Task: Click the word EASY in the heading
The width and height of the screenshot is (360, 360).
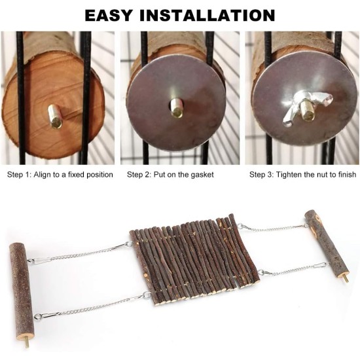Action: coord(109,16)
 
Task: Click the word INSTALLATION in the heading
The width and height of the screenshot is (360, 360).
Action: coord(207,16)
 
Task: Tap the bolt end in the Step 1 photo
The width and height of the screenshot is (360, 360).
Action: coord(54,116)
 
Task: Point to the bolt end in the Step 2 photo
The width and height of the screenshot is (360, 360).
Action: coord(177,108)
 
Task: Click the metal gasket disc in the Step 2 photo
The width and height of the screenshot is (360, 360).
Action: coord(176,103)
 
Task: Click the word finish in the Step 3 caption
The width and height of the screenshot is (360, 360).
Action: coord(347,175)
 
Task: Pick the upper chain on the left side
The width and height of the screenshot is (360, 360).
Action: coord(80,253)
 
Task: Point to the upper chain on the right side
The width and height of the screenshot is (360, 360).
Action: coord(273,228)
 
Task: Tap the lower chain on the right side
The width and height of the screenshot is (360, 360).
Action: coord(293,270)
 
